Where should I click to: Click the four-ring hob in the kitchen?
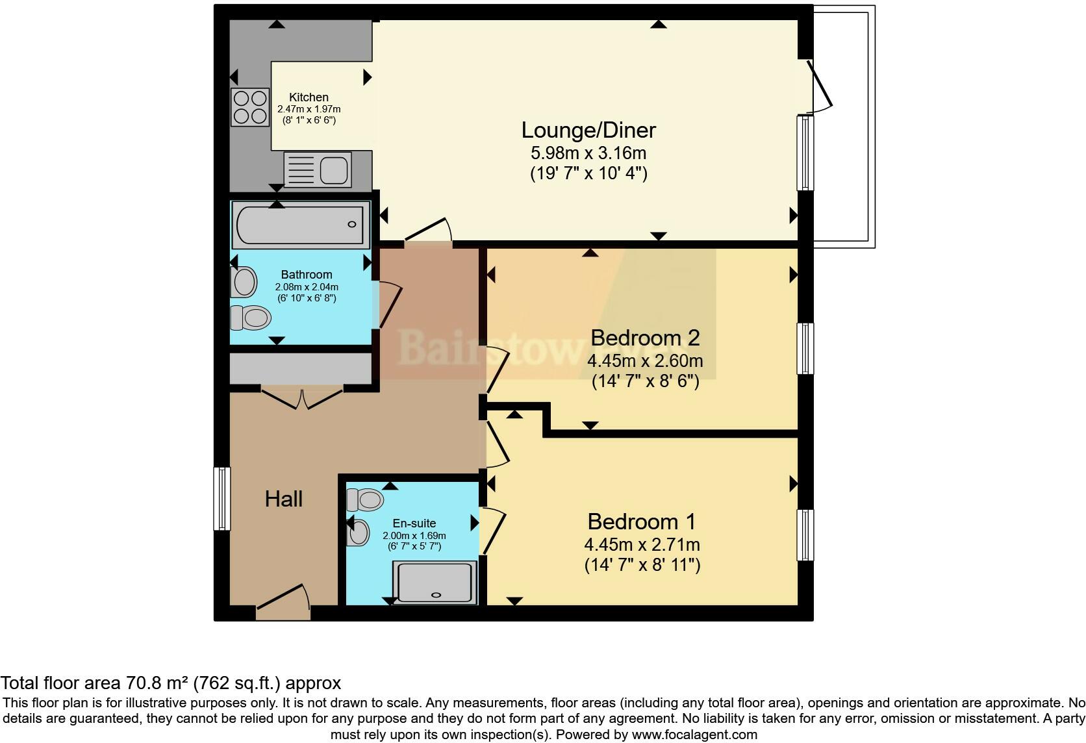click(250, 107)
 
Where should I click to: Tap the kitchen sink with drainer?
click(318, 170)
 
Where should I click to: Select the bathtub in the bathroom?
click(300, 225)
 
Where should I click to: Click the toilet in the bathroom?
click(251, 318)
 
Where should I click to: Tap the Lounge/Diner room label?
click(588, 130)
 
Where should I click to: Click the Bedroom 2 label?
click(644, 338)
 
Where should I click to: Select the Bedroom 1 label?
click(641, 522)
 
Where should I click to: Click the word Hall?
click(284, 499)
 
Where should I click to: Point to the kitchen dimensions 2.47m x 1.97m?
click(309, 110)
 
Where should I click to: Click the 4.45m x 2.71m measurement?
click(642, 544)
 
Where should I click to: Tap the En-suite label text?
click(414, 523)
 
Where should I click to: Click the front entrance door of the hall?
click(283, 601)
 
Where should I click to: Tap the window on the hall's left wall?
click(222, 499)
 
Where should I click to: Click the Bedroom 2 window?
click(805, 348)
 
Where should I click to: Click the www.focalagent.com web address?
click(694, 735)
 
